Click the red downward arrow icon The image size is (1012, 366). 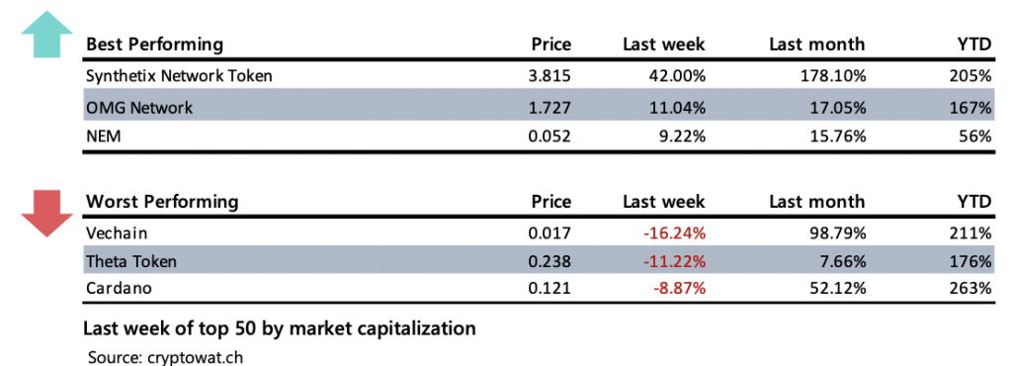[45, 210]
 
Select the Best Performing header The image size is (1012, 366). [154, 45]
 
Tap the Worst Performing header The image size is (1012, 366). [162, 202]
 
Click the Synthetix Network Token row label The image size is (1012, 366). [179, 75]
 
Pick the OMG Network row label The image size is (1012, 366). [139, 107]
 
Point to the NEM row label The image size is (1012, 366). [105, 137]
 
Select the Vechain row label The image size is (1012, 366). [118, 232]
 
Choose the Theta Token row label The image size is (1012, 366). [132, 261]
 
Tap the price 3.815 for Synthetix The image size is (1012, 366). [550, 75]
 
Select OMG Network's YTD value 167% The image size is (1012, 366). [972, 107]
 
